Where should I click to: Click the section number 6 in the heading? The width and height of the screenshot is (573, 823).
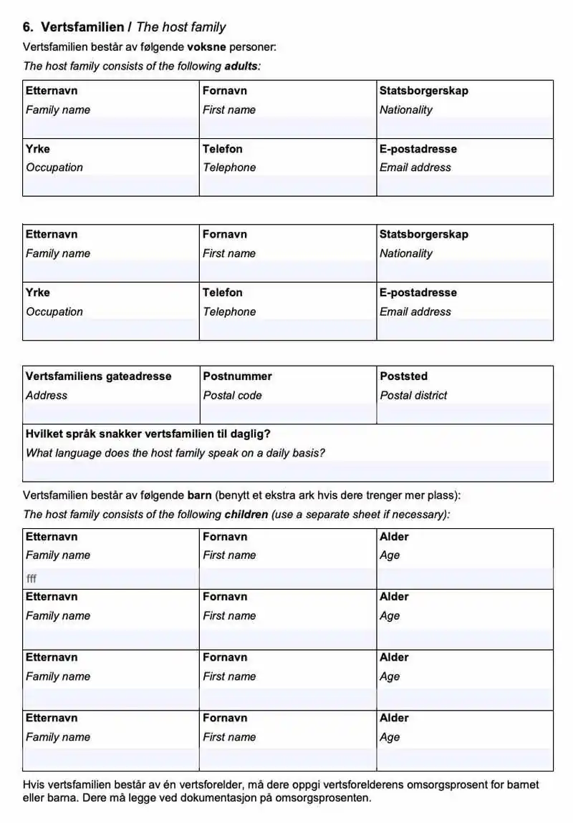pos(27,27)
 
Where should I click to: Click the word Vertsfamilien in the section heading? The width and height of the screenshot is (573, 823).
pos(82,27)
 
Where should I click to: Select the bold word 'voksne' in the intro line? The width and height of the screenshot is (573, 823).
pos(206,47)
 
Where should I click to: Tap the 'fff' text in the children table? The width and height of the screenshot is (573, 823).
pos(32,579)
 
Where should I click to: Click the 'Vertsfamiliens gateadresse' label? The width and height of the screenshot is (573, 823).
pos(99,376)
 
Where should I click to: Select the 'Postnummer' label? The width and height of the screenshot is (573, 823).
pos(237,376)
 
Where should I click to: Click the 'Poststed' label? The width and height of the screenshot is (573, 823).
pos(403,376)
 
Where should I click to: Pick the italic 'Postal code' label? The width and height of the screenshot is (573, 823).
pos(232,395)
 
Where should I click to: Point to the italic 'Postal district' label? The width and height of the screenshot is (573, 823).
pos(413,395)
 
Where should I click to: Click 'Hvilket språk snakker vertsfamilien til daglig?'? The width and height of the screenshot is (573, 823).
pos(148,434)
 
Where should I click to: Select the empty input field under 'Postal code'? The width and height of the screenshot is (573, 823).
pos(288,414)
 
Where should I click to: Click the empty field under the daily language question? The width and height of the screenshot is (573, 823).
pos(288,472)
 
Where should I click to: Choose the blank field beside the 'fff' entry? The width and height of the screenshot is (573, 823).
pos(288,579)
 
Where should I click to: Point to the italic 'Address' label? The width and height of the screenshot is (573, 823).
pos(47,395)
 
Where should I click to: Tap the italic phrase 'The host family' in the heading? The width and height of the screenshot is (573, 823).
pos(180,27)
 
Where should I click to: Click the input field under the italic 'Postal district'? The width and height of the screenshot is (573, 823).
pos(465,414)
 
